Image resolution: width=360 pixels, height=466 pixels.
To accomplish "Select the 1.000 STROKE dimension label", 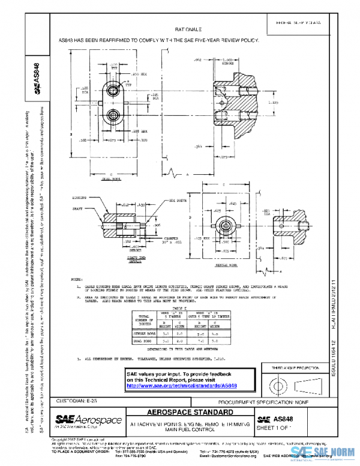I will pyautogui.click(x=227, y=62).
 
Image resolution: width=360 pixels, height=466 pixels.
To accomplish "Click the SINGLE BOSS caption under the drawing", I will pyautogui.click(x=223, y=264).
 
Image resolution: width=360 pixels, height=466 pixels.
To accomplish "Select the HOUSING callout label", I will pyautogui.click(x=80, y=196).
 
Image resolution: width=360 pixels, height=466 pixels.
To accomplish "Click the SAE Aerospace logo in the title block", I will pyautogui.click(x=88, y=420).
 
